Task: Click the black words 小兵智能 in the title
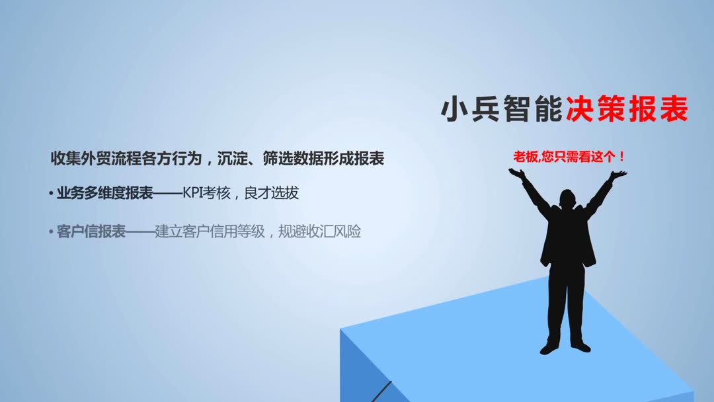[502, 110]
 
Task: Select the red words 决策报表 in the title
[627, 110]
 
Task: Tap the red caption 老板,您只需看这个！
[569, 157]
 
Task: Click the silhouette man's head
[567, 199]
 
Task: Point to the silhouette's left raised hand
[516, 173]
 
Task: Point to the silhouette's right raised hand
[618, 175]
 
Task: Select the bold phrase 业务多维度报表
[104, 193]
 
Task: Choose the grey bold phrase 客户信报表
[91, 232]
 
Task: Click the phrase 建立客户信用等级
[210, 232]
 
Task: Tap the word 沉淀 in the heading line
[232, 159]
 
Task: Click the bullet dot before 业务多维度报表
[51, 194]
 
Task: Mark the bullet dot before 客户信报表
[51, 233]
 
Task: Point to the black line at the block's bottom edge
[382, 391]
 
